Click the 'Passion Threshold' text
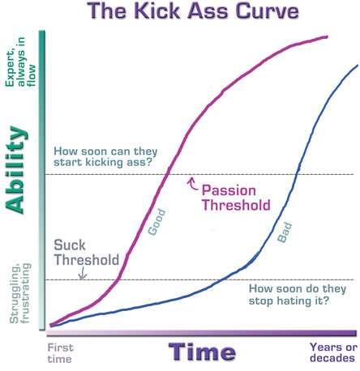coord(234,198)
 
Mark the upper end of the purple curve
coord(327,36)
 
